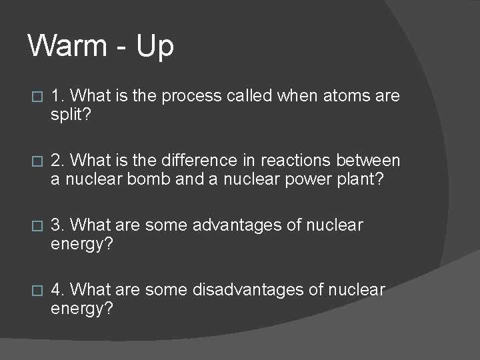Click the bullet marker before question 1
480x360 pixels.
pyautogui.click(x=37, y=97)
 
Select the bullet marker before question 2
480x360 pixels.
pyautogui.click(x=37, y=161)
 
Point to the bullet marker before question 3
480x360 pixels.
pyautogui.click(x=37, y=226)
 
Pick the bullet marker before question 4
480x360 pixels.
pyautogui.click(x=37, y=291)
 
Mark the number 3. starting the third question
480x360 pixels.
pyautogui.click(x=57, y=225)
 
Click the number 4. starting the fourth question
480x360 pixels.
pyautogui.click(x=57, y=290)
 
